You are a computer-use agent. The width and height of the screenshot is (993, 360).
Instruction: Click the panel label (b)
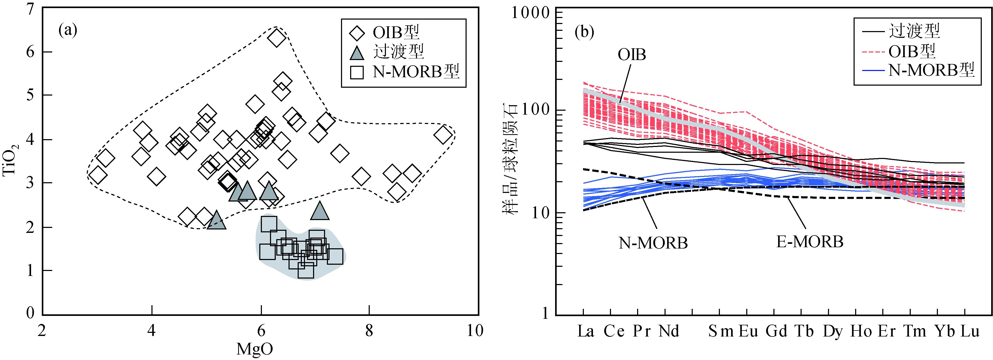(584, 32)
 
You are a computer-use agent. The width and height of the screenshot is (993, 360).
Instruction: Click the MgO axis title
(255, 349)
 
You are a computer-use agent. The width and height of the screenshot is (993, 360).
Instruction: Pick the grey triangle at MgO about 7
(320, 210)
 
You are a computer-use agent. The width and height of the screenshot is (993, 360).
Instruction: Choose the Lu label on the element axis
(969, 332)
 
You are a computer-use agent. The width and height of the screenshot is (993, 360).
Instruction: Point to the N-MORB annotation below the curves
(653, 243)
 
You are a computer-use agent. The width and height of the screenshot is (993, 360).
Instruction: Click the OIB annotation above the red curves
(632, 55)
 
